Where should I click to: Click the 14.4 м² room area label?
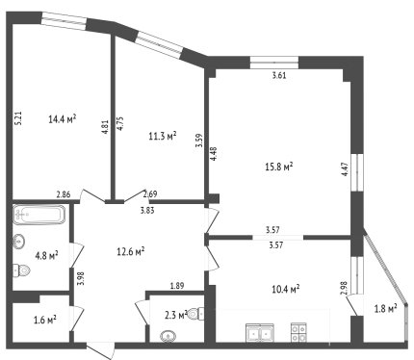(63, 119)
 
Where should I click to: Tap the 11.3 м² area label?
(163, 136)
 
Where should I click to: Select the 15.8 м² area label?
(279, 167)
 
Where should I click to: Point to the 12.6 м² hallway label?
(131, 251)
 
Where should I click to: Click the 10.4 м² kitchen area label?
(286, 289)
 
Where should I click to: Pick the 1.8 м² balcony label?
(386, 309)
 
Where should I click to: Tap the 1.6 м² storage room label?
(45, 320)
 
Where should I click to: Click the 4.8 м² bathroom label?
(46, 256)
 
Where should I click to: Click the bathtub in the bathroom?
(39, 215)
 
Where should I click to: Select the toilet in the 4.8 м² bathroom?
(21, 270)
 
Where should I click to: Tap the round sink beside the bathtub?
(19, 241)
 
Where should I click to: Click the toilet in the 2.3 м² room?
(195, 314)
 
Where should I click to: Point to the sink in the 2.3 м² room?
(168, 336)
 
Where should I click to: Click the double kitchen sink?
(260, 333)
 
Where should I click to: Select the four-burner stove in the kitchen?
(298, 332)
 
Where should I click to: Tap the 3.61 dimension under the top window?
(279, 76)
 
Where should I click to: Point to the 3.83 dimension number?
(147, 211)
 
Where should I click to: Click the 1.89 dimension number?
(177, 285)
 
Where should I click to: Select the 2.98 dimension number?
(345, 288)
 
